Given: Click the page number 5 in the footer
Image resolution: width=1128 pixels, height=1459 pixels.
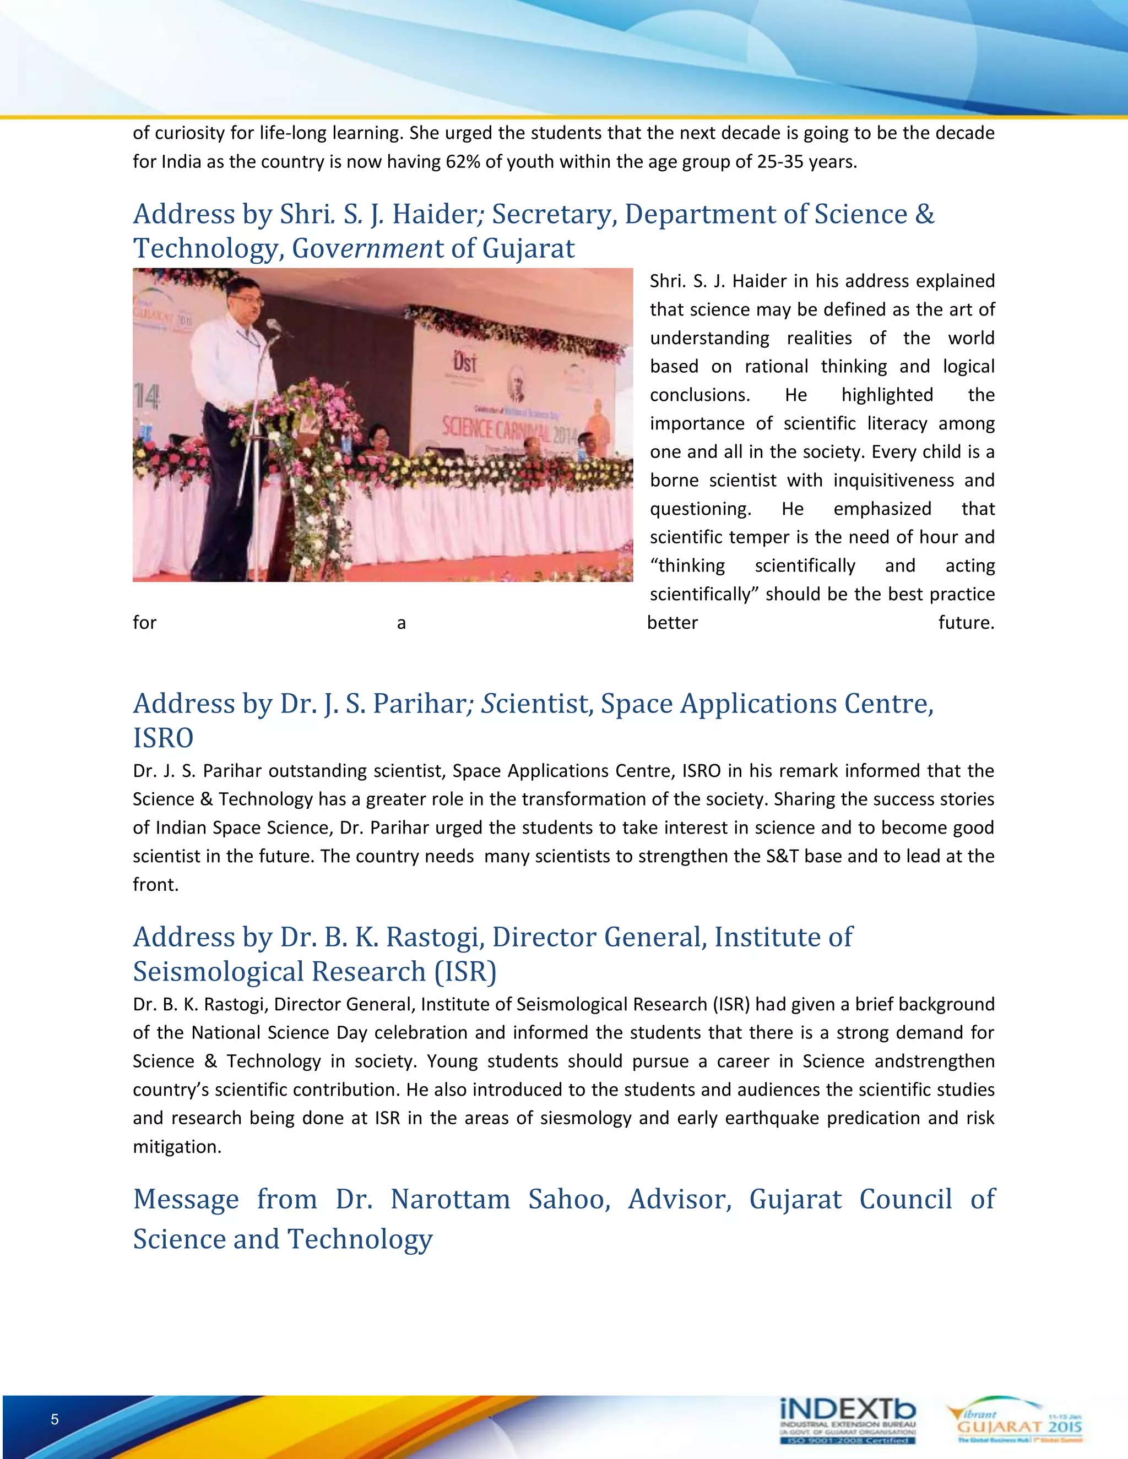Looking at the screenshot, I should (55, 1419).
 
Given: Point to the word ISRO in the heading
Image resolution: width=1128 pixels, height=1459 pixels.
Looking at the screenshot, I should (163, 738).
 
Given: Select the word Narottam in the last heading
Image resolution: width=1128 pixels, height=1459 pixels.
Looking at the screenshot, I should (450, 1199).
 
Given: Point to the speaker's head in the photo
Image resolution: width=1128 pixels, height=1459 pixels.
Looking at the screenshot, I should (245, 297).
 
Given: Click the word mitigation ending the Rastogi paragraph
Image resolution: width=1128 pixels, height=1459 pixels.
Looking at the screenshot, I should (176, 1147).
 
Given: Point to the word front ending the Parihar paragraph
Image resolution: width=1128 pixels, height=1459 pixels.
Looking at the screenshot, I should (155, 885).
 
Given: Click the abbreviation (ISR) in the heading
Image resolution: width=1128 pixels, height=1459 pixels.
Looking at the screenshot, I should (465, 972).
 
